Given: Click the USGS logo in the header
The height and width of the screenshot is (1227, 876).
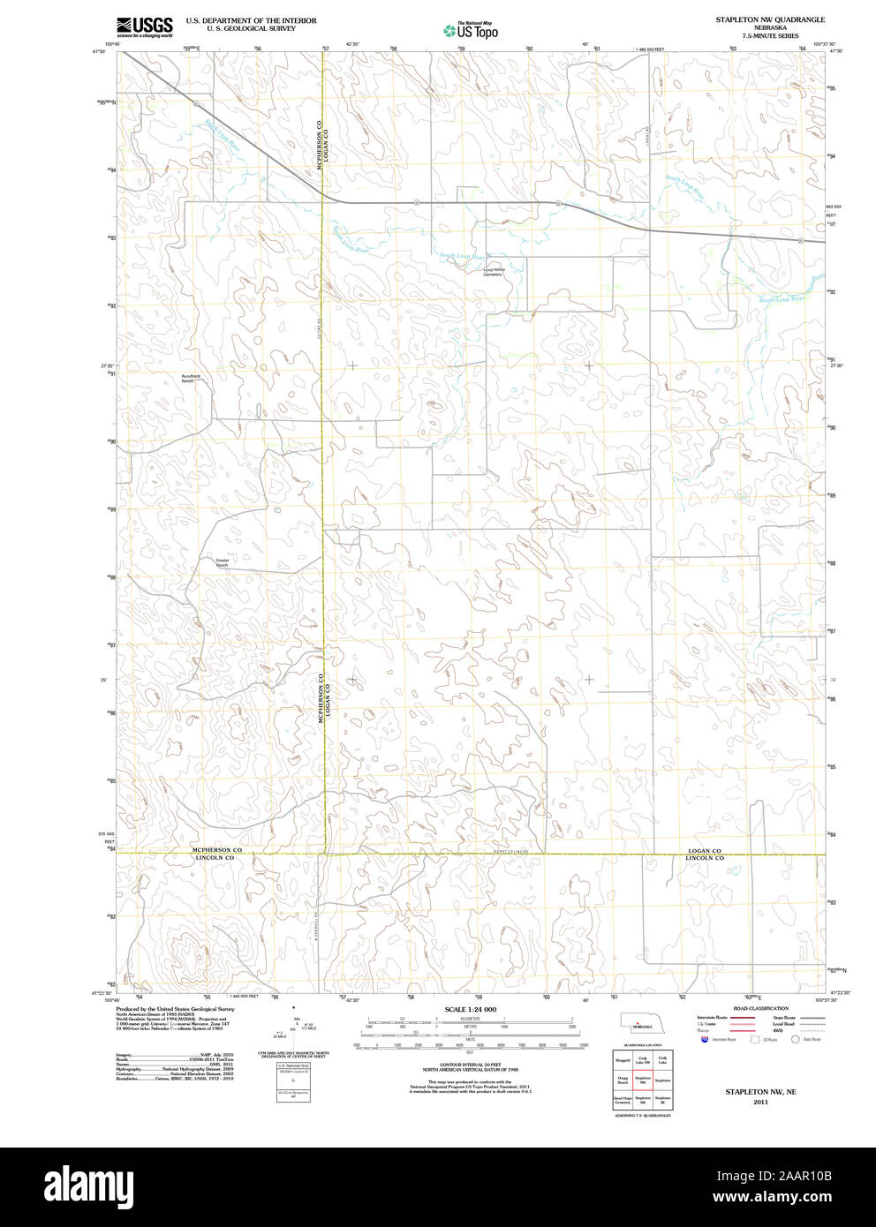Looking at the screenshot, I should [145, 26].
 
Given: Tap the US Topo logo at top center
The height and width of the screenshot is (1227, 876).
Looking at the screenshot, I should [471, 31].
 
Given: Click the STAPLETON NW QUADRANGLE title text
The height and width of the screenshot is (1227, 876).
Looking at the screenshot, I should [770, 19].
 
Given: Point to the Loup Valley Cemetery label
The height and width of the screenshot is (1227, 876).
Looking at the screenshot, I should [493, 271].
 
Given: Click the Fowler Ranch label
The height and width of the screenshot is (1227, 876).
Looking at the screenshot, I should [222, 562].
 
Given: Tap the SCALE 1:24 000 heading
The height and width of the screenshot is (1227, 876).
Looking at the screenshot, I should [470, 1009].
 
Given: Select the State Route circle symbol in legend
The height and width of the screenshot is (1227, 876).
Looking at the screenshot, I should [795, 1040].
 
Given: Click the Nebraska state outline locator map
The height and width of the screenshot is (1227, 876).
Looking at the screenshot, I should [642, 1023].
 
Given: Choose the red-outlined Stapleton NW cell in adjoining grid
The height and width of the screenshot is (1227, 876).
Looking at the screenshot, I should [643, 1080].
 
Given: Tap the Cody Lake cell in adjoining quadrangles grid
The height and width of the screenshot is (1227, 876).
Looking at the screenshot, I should [662, 1060].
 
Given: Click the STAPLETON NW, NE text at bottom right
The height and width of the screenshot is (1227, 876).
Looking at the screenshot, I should [760, 1092].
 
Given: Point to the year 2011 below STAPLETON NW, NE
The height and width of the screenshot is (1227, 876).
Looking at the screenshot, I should [760, 1102].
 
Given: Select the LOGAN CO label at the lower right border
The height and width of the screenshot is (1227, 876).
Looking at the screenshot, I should [705, 851].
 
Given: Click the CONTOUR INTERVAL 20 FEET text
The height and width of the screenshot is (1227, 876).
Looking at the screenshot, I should [470, 1065].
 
